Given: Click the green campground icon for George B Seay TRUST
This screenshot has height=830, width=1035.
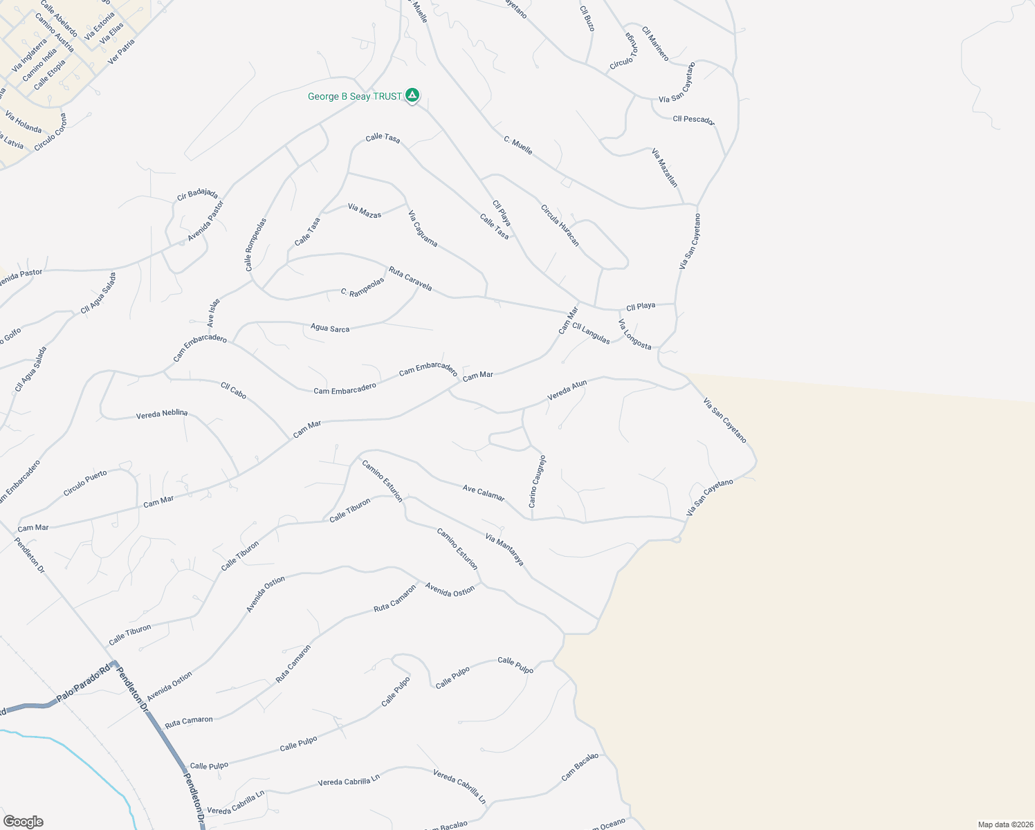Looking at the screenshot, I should coord(412,95).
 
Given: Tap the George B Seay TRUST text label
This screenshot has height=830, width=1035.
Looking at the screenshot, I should coord(354,97).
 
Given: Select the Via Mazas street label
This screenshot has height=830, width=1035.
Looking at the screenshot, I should coord(365,211).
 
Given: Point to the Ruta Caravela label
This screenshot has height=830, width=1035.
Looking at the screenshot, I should coord(410,279).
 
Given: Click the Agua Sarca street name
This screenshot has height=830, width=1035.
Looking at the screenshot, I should coord(330,328).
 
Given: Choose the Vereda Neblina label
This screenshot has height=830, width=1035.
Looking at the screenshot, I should coord(162,414).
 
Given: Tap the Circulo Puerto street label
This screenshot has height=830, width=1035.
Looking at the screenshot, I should coord(85,483).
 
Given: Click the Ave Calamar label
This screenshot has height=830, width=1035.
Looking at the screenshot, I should coord(484,492).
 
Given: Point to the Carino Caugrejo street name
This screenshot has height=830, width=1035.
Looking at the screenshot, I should coord(538,481).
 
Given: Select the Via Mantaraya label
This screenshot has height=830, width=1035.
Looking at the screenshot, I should coord(504,550).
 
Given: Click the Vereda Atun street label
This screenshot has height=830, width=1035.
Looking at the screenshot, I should coord(567,390).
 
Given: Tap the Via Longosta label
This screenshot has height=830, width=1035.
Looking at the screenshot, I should coord(634,335).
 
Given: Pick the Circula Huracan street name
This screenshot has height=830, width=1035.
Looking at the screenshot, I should coord(560,225).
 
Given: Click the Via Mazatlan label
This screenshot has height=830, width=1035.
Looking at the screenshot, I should coord(665,167).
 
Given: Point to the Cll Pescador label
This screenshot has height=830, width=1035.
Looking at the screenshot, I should coord(693,120).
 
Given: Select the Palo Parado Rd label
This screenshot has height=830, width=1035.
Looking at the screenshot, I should coord(83,683).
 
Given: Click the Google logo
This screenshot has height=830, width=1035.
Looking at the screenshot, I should coord(23,822).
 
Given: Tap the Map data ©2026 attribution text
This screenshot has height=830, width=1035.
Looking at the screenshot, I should coord(1005,824).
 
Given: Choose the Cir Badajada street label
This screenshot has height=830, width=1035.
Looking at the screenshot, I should coord(197,194).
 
